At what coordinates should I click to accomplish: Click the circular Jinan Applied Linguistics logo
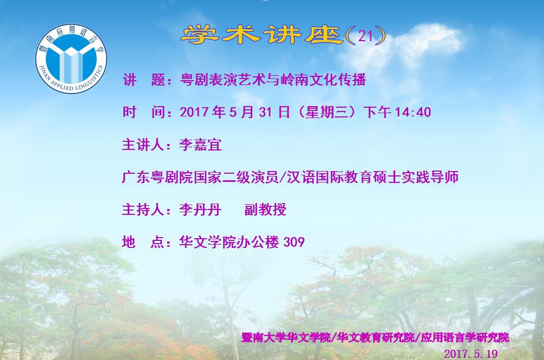71,58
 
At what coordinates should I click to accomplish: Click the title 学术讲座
262,35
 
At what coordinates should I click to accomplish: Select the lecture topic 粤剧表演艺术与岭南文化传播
273,80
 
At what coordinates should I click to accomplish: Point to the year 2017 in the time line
195,112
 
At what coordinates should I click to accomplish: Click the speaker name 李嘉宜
200,145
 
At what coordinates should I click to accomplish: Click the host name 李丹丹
200,210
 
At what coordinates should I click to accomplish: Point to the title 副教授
265,210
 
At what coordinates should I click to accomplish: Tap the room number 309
294,242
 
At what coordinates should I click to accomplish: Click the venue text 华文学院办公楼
229,242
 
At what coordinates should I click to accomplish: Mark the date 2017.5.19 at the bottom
471,354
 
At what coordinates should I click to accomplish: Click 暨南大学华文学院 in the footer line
286,337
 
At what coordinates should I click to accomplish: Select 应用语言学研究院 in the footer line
465,337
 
